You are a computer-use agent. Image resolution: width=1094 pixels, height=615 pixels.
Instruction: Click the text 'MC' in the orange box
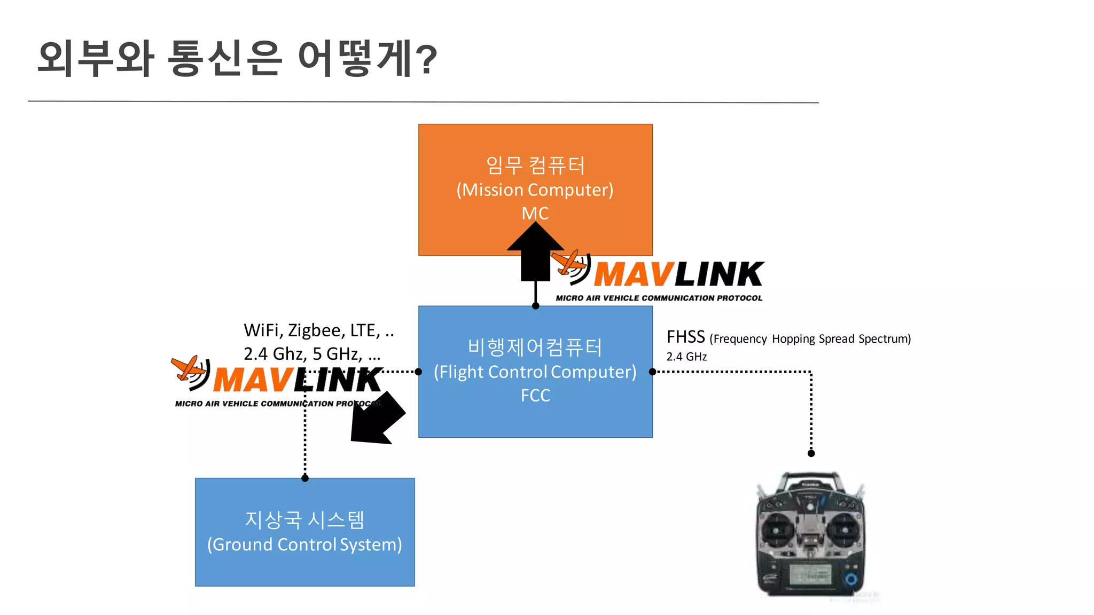click(535, 214)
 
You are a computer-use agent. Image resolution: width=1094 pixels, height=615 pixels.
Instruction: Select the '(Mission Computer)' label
click(535, 190)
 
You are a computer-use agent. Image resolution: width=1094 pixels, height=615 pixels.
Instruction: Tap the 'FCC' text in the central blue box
click(535, 396)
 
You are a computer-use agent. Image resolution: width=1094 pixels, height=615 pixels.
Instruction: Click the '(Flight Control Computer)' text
click(535, 372)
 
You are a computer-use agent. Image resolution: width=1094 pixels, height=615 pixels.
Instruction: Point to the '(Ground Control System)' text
click(304, 545)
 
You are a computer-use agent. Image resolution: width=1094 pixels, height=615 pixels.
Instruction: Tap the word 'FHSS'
click(685, 337)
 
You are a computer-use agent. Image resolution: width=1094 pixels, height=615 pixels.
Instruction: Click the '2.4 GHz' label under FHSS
click(686, 357)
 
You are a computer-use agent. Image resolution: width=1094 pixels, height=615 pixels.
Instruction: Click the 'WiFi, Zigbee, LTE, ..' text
click(318, 330)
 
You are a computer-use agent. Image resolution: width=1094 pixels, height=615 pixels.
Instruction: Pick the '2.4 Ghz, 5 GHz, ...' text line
click(312, 354)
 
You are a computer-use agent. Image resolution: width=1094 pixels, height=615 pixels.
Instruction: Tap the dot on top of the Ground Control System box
click(305, 478)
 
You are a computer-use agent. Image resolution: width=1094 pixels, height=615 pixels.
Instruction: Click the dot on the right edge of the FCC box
click(652, 372)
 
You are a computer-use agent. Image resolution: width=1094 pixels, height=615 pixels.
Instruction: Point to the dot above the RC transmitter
click(811, 453)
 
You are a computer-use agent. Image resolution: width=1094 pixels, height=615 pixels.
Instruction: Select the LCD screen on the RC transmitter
click(810, 576)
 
